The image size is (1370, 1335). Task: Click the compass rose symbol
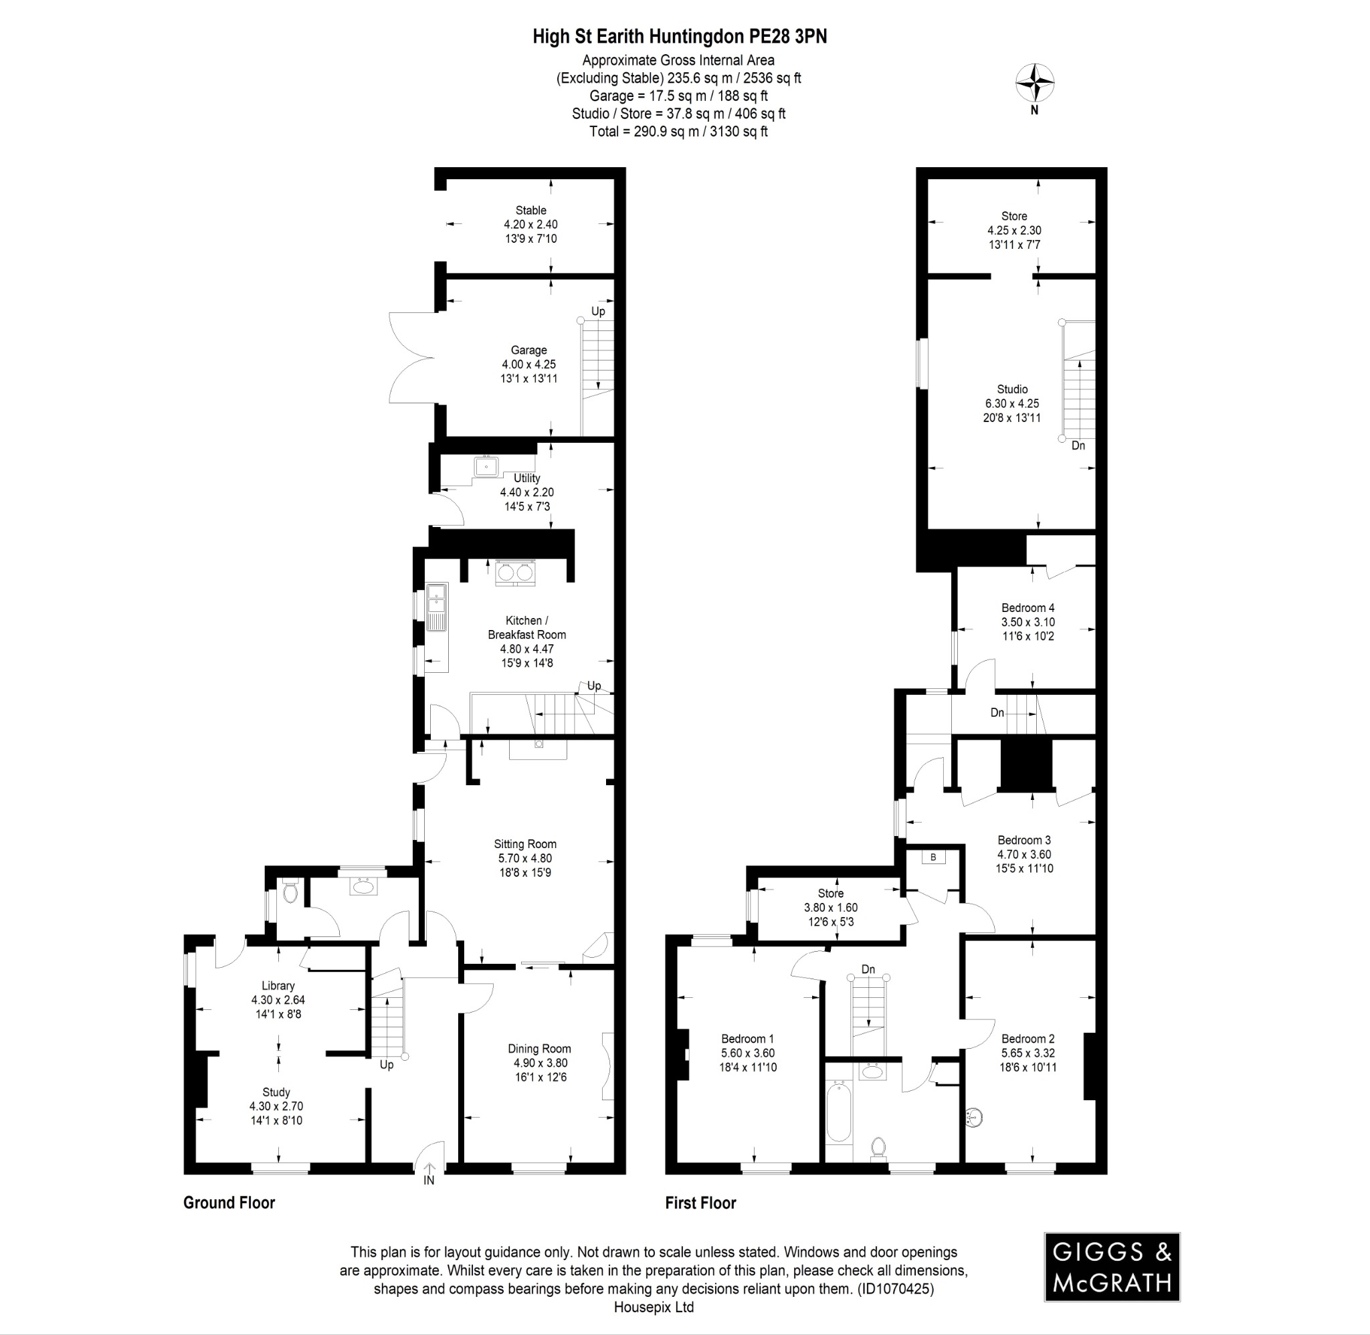click(x=1035, y=84)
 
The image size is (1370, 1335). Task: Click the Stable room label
click(x=530, y=210)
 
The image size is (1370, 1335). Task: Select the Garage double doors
click(x=412, y=358)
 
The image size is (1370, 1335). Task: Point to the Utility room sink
click(x=486, y=466)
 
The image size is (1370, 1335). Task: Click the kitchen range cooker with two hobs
click(x=515, y=572)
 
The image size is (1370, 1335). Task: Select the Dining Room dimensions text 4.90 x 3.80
click(x=539, y=1063)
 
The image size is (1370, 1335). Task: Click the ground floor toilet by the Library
click(x=290, y=892)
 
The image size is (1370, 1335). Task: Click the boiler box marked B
click(x=933, y=857)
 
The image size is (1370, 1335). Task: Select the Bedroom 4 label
click(x=1028, y=608)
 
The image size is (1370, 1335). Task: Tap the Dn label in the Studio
click(x=1078, y=445)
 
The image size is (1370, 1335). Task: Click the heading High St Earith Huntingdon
click(x=680, y=37)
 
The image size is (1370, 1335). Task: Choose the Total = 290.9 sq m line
click(x=678, y=131)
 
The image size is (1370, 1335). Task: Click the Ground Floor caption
click(x=229, y=1203)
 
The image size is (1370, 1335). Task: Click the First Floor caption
click(x=700, y=1203)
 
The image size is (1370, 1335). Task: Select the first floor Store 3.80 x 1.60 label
click(x=831, y=908)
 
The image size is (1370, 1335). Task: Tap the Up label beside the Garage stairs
click(x=598, y=311)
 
